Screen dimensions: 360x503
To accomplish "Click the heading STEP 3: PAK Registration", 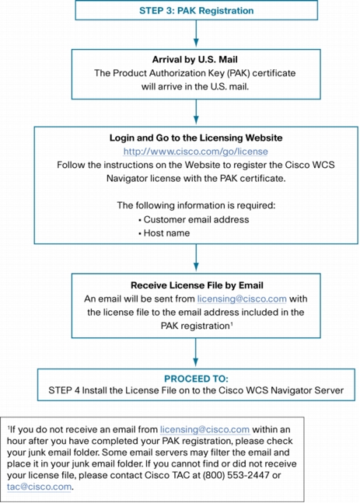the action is pos(197,11).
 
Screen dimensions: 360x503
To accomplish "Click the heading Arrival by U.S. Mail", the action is pos(195,60).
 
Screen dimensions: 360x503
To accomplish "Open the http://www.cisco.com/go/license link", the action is pos(196,152).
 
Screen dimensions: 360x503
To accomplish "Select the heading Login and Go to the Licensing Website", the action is pos(196,138).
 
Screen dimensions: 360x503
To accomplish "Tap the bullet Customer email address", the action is pos(194,219).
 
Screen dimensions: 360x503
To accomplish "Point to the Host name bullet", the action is pos(164,233).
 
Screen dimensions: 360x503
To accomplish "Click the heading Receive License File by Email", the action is pos(197,285).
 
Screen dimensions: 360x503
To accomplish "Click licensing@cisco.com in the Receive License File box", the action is pos(242,299).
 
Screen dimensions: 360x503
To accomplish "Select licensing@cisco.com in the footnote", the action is pos(204,430).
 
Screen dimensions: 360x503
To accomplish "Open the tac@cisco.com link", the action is pos(39,487).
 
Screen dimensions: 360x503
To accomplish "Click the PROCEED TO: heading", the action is pos(196,379).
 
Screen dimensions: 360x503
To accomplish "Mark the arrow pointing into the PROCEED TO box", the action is pos(196,352).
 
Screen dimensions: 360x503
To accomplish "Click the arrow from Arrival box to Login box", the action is pos(196,112).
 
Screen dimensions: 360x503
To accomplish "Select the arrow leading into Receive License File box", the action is pos(196,258).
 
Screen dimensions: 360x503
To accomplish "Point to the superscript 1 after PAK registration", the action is pos(232,324).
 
